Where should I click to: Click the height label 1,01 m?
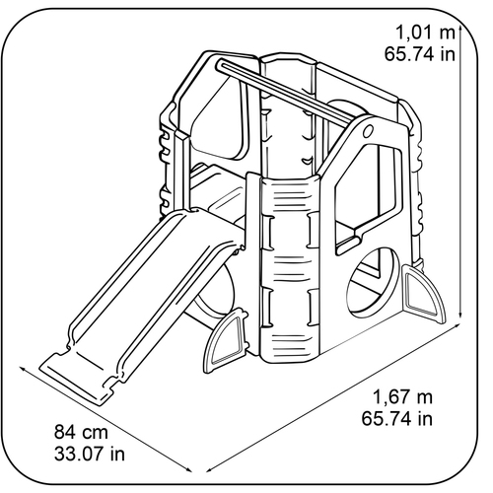click(x=425, y=34)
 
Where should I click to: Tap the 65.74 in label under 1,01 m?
click(x=420, y=54)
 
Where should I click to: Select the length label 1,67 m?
click(x=402, y=397)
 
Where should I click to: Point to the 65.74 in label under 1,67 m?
click(x=397, y=418)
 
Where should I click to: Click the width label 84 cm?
click(x=81, y=432)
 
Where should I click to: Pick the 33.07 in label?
click(x=90, y=454)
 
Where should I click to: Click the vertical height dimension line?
click(x=460, y=173)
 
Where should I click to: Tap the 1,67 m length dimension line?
click(x=332, y=398)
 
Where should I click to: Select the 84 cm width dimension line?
click(x=106, y=420)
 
